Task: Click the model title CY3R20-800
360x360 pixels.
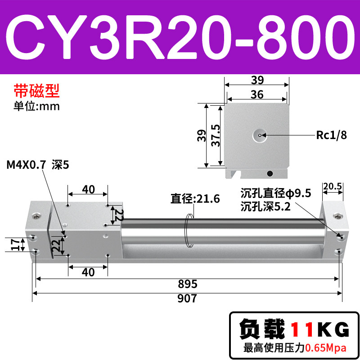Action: [x=180, y=37]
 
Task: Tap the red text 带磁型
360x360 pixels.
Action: [x=37, y=91]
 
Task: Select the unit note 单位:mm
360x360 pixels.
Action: [x=36, y=106]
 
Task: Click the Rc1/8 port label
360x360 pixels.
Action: [x=331, y=135]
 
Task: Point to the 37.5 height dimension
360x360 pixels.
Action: [x=216, y=135]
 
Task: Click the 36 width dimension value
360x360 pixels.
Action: [x=257, y=94]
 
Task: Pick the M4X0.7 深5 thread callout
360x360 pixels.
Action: [x=38, y=165]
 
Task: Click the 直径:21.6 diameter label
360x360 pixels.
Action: [x=195, y=198]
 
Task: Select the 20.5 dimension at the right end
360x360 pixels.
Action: [x=333, y=186]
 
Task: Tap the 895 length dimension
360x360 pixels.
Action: [x=188, y=284]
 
